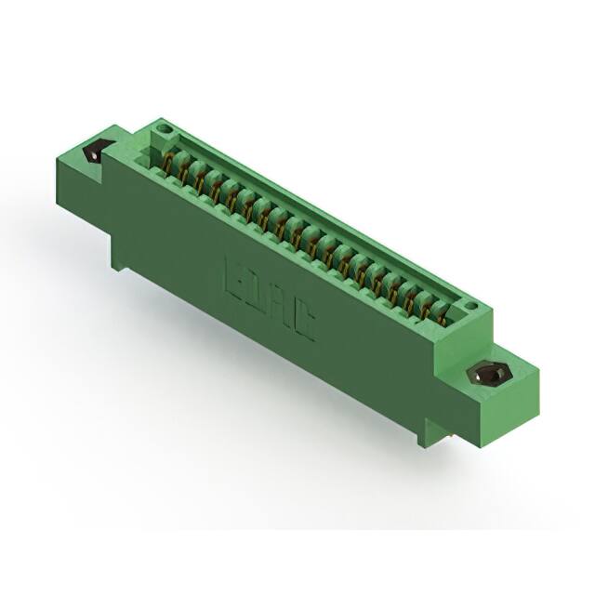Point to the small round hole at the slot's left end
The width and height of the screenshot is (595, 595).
164,126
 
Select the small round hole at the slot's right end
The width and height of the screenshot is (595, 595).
471,305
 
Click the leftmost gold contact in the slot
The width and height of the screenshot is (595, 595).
168,165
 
